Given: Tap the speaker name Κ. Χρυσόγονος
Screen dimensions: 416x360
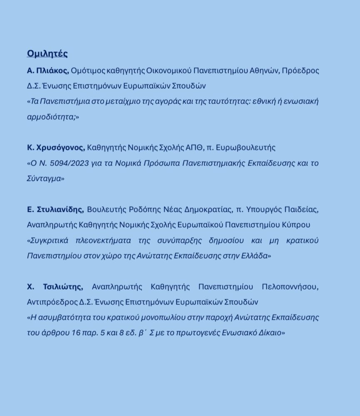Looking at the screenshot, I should (x=56, y=148).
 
